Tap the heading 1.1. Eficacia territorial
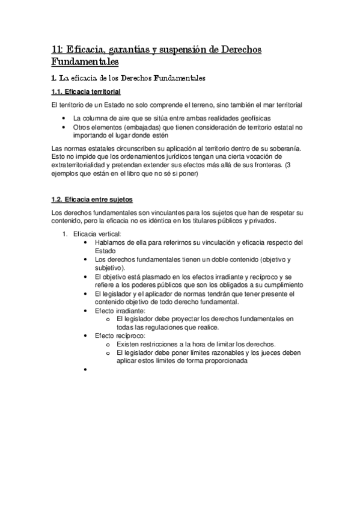pyautogui.click(x=86, y=92)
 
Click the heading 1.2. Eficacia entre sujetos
pyautogui.click(x=92, y=199)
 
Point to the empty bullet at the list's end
pyautogui.click(x=88, y=370)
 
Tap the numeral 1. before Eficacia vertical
pyautogui.click(x=66, y=233)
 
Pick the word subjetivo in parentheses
pyautogui.click(x=109, y=268)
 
